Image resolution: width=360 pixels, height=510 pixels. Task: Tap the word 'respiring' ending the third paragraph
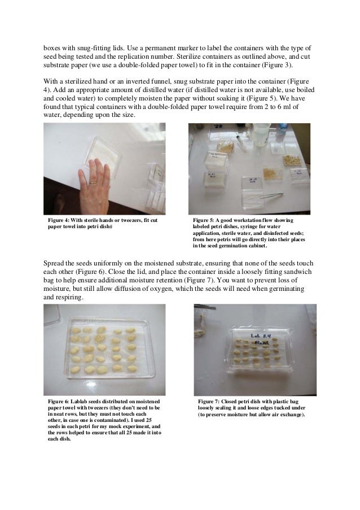(66, 298)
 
